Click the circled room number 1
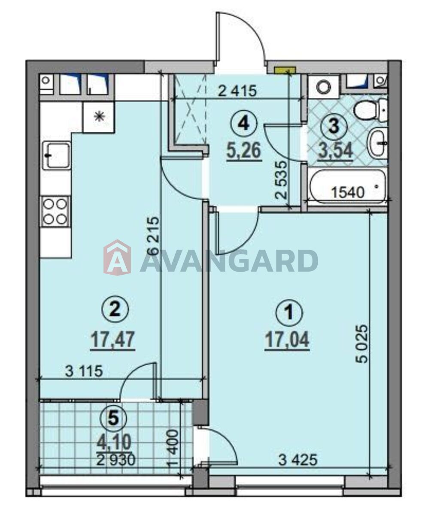click(x=289, y=313)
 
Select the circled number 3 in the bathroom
click(x=334, y=126)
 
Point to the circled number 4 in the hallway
click(x=244, y=124)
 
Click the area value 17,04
click(x=287, y=341)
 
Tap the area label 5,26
click(x=244, y=151)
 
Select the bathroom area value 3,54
click(x=335, y=151)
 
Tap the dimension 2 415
click(x=237, y=91)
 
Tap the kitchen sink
click(x=57, y=155)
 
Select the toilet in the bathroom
click(x=371, y=109)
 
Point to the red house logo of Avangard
click(x=117, y=257)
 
